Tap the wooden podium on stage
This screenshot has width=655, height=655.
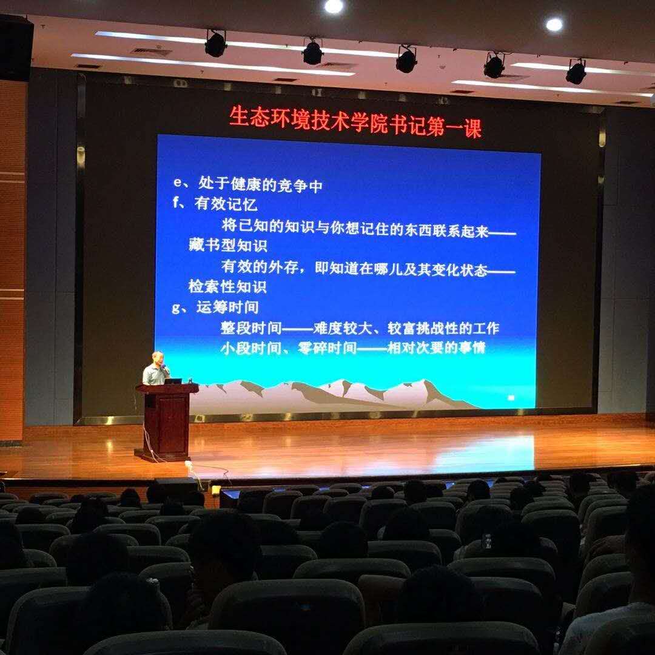166,422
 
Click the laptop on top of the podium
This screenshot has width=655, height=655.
173,381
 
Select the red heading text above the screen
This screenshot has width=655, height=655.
355,121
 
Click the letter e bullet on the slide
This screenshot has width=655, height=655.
177,183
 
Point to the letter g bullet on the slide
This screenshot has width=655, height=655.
176,308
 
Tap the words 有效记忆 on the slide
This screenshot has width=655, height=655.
226,204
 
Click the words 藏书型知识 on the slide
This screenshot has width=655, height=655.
227,245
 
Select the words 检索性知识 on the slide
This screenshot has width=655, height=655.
227,286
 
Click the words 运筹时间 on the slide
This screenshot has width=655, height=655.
227,307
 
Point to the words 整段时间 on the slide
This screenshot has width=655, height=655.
251,328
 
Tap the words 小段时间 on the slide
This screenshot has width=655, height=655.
251,348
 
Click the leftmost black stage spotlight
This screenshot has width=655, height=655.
215,43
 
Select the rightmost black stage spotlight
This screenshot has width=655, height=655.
576,72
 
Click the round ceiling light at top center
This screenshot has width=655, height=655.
334,6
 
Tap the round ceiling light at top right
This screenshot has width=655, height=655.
554,24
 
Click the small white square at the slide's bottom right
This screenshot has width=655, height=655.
511,398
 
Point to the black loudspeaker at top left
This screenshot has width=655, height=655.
16,49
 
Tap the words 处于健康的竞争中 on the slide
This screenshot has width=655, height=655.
260,184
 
